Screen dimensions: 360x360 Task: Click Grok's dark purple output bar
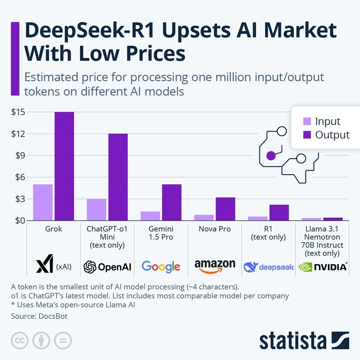click(x=64, y=166)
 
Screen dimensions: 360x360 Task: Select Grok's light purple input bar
click(x=43, y=202)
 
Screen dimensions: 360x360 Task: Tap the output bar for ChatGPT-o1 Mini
click(x=118, y=177)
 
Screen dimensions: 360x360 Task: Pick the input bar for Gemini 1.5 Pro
click(x=150, y=216)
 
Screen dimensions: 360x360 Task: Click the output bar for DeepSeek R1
click(x=279, y=212)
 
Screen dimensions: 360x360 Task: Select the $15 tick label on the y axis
click(x=18, y=112)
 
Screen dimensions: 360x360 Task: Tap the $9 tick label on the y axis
click(x=18, y=156)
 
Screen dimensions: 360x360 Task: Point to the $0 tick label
click(x=18, y=220)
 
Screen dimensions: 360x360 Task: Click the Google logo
click(x=161, y=266)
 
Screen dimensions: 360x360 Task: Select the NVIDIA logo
click(x=323, y=267)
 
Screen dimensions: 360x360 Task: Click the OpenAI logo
click(x=107, y=267)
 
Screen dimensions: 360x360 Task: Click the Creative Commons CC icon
click(x=20, y=340)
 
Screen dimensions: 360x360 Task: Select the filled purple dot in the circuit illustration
click(x=271, y=156)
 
